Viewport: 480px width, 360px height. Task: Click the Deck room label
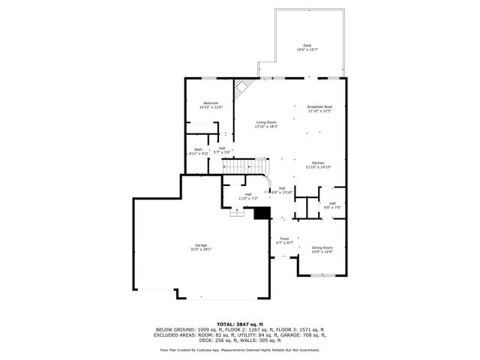click(x=307, y=45)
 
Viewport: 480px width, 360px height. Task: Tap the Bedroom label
click(x=211, y=103)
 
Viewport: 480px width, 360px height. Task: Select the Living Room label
click(x=266, y=122)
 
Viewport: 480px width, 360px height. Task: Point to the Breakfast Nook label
click(x=319, y=106)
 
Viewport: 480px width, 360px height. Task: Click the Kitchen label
click(x=318, y=163)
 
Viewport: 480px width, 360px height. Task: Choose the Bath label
click(x=198, y=149)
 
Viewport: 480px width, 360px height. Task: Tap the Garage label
click(x=201, y=245)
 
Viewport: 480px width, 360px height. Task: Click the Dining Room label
click(x=322, y=247)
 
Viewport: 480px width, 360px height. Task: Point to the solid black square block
click(x=262, y=214)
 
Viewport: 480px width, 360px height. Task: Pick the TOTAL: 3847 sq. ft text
click(x=240, y=324)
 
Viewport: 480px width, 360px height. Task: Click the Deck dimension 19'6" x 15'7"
click(x=307, y=50)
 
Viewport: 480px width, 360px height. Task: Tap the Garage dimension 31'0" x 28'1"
click(x=201, y=250)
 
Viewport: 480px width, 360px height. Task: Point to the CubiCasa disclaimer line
click(x=240, y=349)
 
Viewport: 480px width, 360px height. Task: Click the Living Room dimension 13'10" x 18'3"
click(x=266, y=127)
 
